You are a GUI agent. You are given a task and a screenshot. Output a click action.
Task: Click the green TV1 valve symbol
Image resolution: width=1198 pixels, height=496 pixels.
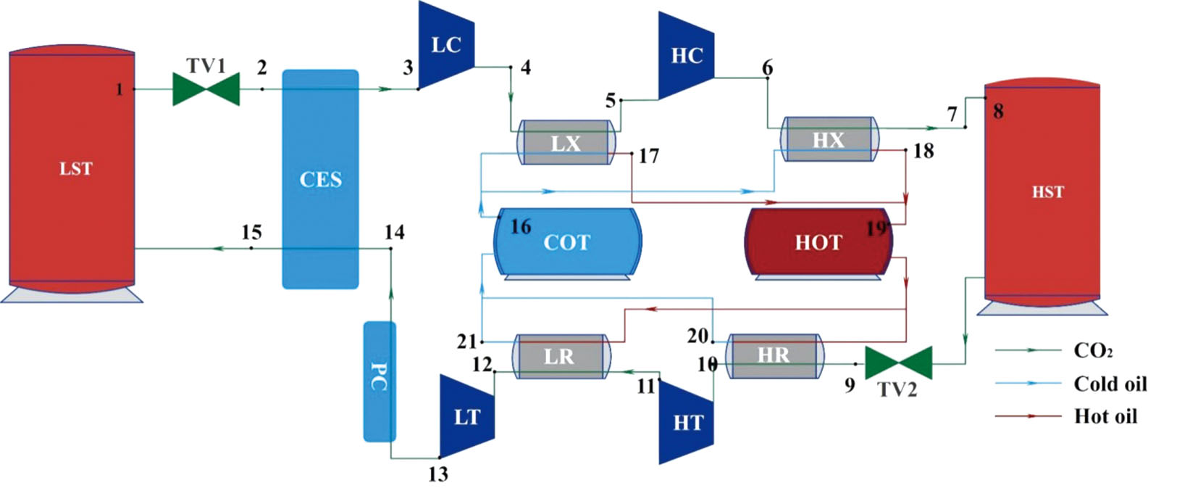[206, 89]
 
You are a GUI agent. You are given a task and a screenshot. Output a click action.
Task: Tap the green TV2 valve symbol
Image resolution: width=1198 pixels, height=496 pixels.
[898, 363]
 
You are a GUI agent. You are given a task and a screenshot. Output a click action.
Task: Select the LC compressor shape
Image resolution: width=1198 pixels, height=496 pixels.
[445, 46]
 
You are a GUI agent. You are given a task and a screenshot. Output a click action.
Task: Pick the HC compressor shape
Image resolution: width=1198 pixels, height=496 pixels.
[686, 56]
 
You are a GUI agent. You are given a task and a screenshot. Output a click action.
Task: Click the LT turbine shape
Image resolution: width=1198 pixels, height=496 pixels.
[467, 417]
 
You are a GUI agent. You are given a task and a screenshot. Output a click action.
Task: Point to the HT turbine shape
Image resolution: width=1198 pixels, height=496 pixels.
[687, 422]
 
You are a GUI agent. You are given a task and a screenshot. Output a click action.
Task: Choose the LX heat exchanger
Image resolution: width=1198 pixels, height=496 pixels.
[566, 143]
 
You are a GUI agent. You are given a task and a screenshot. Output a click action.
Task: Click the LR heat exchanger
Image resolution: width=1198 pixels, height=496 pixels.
[559, 356]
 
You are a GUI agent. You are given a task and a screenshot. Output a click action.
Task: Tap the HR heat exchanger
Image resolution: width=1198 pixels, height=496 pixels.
[774, 355]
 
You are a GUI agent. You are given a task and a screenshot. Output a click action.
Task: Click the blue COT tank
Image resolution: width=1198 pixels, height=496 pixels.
[567, 242]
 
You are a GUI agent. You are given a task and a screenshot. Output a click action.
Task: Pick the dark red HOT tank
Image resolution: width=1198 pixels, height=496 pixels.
[818, 242]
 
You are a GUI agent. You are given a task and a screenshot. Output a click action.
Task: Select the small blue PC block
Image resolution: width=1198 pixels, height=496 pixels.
[379, 381]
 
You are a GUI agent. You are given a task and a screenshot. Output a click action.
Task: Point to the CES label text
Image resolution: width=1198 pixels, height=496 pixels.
[320, 179]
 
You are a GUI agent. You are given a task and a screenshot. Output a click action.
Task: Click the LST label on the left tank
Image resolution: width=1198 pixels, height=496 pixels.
[75, 169]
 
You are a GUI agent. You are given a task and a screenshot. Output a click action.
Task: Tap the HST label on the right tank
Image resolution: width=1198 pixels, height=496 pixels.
[1047, 192]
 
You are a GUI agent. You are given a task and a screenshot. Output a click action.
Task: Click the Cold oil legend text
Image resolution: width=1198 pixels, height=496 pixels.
[1110, 384]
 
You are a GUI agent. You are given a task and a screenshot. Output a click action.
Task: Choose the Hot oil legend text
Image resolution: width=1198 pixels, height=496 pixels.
[1105, 416]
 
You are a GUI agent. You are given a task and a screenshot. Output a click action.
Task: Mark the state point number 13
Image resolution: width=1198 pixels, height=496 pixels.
[437, 475]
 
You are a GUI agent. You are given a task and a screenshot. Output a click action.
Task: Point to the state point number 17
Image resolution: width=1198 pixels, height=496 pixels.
[648, 156]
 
